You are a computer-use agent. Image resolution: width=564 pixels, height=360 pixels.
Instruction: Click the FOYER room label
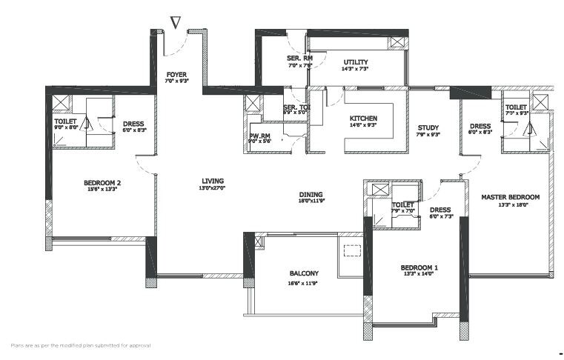[176, 74]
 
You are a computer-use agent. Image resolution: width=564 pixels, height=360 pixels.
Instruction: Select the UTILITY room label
[356, 62]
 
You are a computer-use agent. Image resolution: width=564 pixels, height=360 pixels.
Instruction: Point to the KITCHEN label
[364, 119]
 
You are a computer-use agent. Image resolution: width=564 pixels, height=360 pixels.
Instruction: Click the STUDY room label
[428, 127]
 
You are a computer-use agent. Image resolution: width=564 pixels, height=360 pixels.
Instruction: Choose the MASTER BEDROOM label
[510, 197]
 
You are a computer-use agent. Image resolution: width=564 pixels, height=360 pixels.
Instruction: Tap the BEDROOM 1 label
[419, 267]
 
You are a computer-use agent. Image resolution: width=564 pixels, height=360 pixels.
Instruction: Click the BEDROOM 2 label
[101, 182]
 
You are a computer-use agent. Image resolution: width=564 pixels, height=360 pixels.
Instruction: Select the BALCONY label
[304, 273]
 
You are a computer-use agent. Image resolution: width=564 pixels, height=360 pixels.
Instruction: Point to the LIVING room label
[213, 181]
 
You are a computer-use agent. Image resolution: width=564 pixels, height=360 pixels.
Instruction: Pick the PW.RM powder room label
[260, 136]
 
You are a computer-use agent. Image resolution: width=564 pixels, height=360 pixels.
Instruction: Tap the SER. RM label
[299, 58]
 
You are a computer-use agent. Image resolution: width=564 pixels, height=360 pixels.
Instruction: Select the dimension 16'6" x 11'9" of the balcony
[304, 282]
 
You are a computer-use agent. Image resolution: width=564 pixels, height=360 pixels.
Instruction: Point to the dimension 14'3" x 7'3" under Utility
[356, 69]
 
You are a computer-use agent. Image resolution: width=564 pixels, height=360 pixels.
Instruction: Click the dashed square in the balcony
[352, 251]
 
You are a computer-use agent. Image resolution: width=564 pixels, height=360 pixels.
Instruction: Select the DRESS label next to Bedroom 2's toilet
[133, 124]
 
